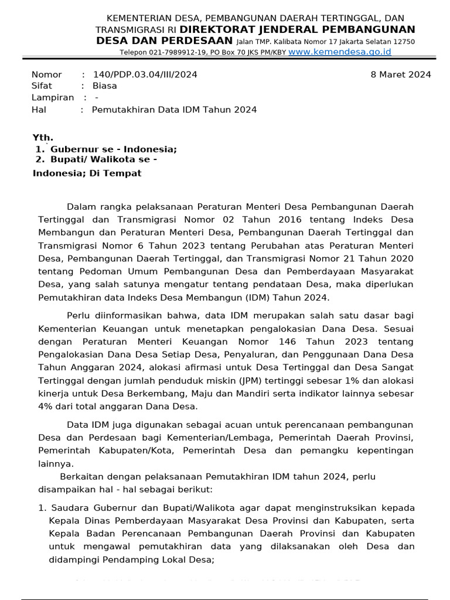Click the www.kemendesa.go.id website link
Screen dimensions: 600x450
pyautogui.click(x=340, y=52)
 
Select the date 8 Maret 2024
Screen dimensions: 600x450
pyautogui.click(x=401, y=74)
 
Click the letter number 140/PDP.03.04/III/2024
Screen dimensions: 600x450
pyautogui.click(x=145, y=74)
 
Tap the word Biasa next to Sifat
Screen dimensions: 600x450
pyautogui.click(x=104, y=86)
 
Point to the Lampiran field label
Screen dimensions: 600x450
pyautogui.click(x=53, y=97)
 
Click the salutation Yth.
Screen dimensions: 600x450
pyautogui.click(x=43, y=138)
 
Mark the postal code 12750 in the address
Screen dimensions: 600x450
pyautogui.click(x=403, y=42)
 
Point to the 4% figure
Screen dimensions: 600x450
pyautogui.click(x=45, y=405)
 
